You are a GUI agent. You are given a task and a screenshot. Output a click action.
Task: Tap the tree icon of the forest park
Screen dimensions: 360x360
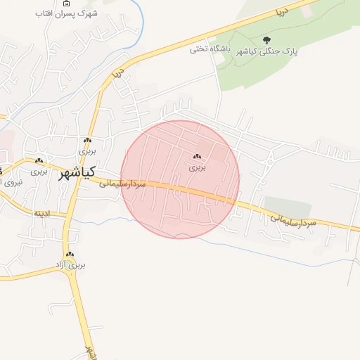coord(266,40)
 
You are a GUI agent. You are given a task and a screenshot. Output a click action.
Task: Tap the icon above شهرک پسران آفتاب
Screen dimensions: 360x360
coord(67,4)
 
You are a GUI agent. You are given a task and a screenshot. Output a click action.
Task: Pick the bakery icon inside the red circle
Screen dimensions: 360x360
coord(198,157)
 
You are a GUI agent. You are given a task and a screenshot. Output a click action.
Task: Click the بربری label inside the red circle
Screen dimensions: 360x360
coord(198,167)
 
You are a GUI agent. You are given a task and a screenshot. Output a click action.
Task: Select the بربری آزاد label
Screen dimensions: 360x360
coord(70,265)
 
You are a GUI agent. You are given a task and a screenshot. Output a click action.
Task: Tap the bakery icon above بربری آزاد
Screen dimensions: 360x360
coord(70,255)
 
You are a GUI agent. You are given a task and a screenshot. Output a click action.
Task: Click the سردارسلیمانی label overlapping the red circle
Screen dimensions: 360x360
coord(122,184)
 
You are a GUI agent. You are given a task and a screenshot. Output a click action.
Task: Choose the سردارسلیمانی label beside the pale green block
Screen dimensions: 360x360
coord(294,221)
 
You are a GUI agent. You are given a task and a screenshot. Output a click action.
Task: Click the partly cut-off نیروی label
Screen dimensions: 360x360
coord(10,182)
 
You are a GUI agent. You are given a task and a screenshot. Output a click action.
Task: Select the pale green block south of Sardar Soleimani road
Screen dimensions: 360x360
coord(288,208)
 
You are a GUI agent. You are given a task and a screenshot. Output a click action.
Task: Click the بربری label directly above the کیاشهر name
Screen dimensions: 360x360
coord(86,151)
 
